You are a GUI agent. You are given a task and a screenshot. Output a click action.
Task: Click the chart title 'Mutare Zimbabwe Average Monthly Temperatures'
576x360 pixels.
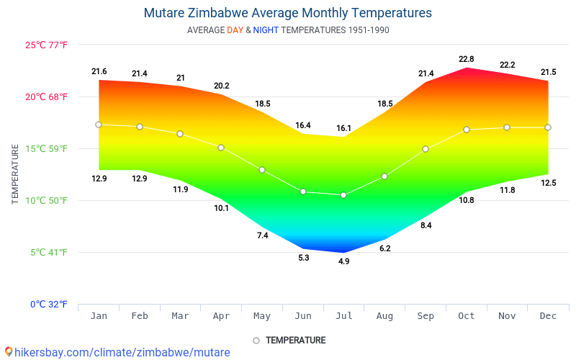pyautogui.click(x=288, y=13)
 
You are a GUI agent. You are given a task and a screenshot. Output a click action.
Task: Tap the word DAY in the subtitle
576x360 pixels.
pyautogui.click(x=235, y=30)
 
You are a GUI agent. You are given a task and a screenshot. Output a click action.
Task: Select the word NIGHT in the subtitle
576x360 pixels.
pyautogui.click(x=266, y=30)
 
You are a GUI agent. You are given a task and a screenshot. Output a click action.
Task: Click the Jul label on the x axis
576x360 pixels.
pyautogui.click(x=343, y=316)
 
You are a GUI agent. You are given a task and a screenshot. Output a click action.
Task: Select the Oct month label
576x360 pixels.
pyautogui.click(x=467, y=316)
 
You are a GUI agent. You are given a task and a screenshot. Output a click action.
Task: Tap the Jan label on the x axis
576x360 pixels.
pyautogui.click(x=99, y=316)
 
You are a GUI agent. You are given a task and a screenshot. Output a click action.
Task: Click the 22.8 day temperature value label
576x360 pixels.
pyautogui.click(x=467, y=59)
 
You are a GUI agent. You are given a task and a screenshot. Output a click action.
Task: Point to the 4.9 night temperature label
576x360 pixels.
pyautogui.click(x=343, y=261)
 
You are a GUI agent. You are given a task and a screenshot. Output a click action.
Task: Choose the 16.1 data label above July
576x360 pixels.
pyautogui.click(x=343, y=128)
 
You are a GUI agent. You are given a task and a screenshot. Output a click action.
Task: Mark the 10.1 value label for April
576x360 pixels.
pyautogui.click(x=221, y=208)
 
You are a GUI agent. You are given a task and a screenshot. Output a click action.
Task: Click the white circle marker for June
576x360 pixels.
pyautogui.click(x=303, y=192)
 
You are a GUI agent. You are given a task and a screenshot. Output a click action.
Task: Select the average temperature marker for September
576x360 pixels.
pyautogui.click(x=426, y=149)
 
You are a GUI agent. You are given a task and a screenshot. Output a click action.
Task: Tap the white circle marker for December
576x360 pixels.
pyautogui.click(x=548, y=127)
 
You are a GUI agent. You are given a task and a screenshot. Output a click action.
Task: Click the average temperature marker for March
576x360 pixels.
pyautogui.click(x=180, y=134)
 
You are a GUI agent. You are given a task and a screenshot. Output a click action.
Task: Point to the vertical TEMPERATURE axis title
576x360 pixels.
pyautogui.click(x=15, y=174)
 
